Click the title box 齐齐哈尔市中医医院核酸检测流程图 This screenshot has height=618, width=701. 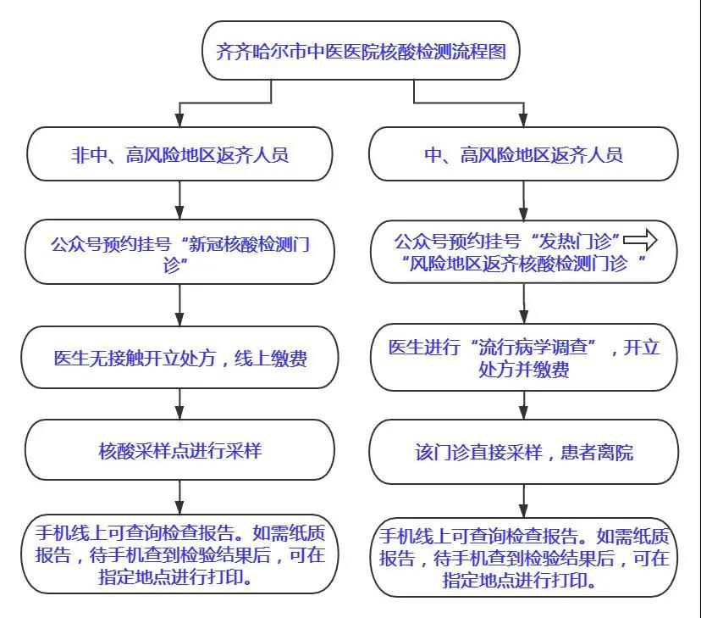tap(361, 51)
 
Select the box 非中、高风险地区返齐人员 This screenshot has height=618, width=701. tap(179, 154)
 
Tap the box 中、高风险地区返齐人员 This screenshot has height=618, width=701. tap(523, 154)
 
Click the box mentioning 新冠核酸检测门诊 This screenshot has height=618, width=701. tap(179, 252)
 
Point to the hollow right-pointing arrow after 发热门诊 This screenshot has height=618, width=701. tap(640, 240)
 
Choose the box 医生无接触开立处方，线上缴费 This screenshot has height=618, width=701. tap(179, 357)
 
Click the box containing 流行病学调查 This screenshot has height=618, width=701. tap(523, 357)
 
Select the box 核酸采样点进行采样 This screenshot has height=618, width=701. tap(179, 450)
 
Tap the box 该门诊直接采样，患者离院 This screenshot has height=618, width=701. tap(523, 452)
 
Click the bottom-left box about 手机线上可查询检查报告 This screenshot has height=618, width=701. tap(179, 554)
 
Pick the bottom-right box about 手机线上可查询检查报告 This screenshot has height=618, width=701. tap(523, 557)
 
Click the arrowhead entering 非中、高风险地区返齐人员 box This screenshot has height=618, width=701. tap(179, 120)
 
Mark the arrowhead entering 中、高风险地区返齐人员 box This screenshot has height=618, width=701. tap(523, 120)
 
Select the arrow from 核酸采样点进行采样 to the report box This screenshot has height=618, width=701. tap(179, 498)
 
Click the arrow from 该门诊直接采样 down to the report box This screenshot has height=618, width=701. tap(523, 501)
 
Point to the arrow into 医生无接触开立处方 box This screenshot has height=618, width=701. tap(179, 305)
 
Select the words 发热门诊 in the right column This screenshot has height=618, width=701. tap(575, 242)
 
